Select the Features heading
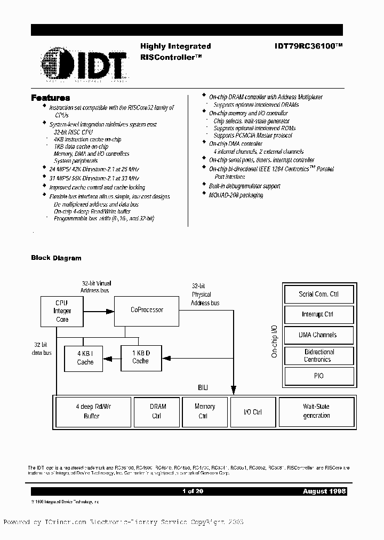point(51,98)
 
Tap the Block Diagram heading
point(56,258)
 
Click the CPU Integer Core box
point(62,311)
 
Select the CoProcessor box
point(147,310)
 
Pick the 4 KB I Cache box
point(85,358)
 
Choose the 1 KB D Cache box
point(140,357)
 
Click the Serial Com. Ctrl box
point(319,294)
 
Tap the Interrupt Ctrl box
point(319,314)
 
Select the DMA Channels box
point(319,335)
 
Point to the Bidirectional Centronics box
point(319,356)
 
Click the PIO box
point(319,376)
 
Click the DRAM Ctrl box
point(157,411)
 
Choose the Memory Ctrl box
point(204,411)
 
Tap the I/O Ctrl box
point(252,411)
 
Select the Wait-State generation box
point(316,411)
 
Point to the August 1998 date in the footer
point(324,491)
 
